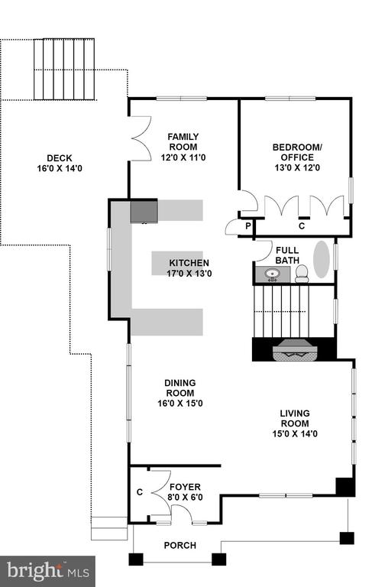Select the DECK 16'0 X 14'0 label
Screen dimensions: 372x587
pyautogui.click(x=60, y=164)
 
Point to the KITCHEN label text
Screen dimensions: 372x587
pyautogui.click(x=189, y=263)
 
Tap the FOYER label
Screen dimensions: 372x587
pyautogui.click(x=186, y=487)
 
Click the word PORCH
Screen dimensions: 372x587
pyautogui.click(x=180, y=546)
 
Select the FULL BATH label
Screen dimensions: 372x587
pyautogui.click(x=287, y=255)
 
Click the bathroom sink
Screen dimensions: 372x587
pyautogui.click(x=272, y=274)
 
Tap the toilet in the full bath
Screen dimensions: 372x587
pyautogui.click(x=302, y=274)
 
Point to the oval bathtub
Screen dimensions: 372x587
pyautogui.click(x=321, y=259)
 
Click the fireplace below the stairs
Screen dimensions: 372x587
pyautogui.click(x=295, y=350)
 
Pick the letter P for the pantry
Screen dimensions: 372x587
pyautogui.click(x=247, y=226)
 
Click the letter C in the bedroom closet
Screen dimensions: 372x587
pyautogui.click(x=302, y=226)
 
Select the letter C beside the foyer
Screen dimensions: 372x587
pyautogui.click(x=140, y=492)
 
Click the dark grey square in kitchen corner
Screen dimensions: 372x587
pyautogui.click(x=144, y=212)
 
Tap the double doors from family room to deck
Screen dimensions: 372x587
pyautogui.click(x=141, y=138)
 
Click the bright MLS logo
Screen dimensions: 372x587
pyautogui.click(x=48, y=571)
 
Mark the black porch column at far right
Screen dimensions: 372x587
pyautogui.click(x=347, y=538)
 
